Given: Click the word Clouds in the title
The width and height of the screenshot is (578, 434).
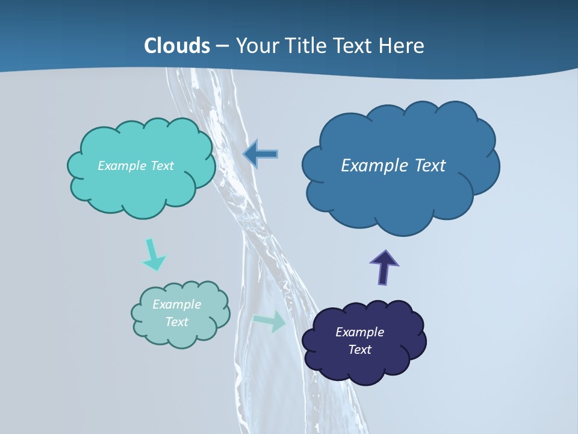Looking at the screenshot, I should [177, 46].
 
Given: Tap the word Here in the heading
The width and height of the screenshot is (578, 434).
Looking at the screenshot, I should [402, 46].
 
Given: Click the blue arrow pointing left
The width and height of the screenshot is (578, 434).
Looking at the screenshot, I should [261, 154].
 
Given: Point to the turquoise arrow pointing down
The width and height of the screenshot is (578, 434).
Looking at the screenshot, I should [153, 255].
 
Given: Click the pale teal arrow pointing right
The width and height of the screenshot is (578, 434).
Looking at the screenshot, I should [270, 321].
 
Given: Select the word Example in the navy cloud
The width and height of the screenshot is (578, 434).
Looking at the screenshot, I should [359, 332].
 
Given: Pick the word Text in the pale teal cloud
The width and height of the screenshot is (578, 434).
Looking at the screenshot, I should [176, 322].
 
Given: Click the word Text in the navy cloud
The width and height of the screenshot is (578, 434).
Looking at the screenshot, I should [359, 350].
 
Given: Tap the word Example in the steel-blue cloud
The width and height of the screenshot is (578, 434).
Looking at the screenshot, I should [374, 166].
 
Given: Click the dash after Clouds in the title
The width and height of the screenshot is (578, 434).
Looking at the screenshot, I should [222, 46].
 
